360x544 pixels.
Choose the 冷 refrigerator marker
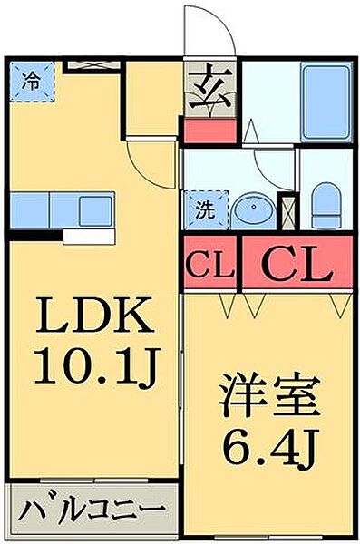pyautogui.click(x=32, y=80)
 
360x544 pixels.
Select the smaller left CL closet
pyautogui.click(x=209, y=264)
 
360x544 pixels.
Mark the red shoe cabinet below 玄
pyautogui.click(x=209, y=129)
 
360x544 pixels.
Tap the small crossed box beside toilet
pyautogui.click(x=288, y=212)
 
